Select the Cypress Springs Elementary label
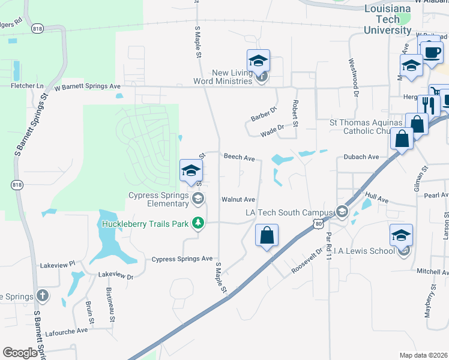pos(159,199)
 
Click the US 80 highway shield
pos(317,223)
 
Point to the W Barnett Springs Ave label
pos(88,86)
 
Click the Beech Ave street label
pos(240,157)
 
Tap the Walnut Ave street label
pos(238,199)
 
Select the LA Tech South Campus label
pos(289,212)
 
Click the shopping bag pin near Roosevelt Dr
pos(267,235)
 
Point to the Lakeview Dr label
pos(115,275)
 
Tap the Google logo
pos(20,353)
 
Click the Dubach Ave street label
pos(361,157)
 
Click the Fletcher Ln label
pos(28,86)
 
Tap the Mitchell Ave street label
pos(433,271)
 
